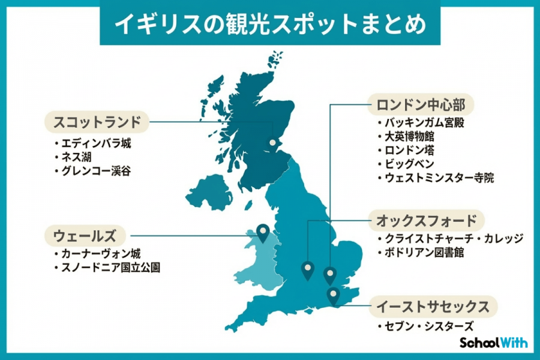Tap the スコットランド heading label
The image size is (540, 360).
click(x=97, y=122)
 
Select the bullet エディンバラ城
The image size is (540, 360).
click(x=95, y=144)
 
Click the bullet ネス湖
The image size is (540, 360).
click(x=79, y=157)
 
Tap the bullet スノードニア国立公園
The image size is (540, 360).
click(x=111, y=268)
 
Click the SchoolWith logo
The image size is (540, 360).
click(x=493, y=343)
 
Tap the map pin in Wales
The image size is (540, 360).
click(x=262, y=232)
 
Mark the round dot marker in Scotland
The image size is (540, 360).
click(x=274, y=143)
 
